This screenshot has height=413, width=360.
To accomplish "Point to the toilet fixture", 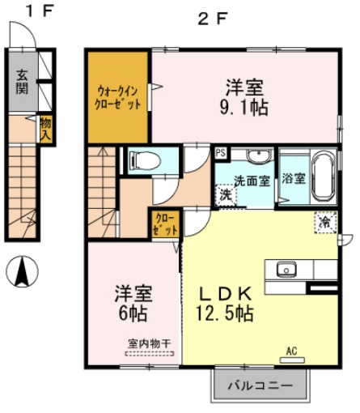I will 143,160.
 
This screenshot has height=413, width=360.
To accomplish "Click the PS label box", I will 220,151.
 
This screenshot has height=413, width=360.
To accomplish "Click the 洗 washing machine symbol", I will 226,194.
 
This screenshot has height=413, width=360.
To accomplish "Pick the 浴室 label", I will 293,179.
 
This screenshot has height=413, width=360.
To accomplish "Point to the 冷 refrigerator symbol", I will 324,220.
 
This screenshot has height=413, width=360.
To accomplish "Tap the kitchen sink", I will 286,269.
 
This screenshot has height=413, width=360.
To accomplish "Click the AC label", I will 292,351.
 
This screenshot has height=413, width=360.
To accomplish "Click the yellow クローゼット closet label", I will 163,223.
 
